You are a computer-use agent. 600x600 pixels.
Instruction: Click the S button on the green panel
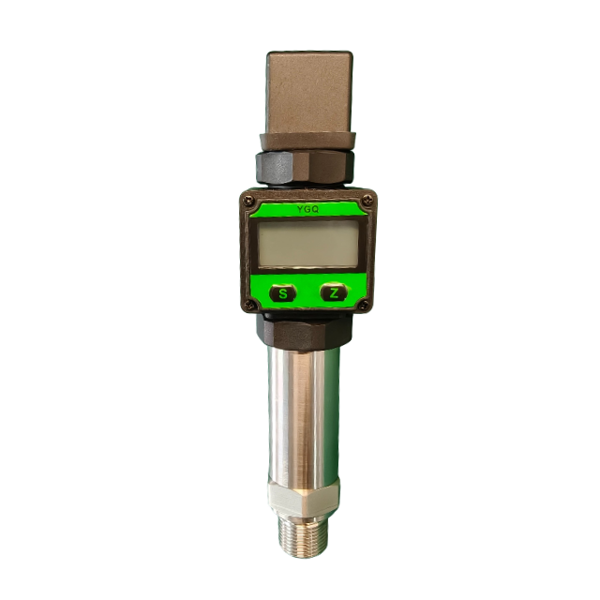[x=283, y=293]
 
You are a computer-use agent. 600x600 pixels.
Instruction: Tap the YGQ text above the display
[x=307, y=209]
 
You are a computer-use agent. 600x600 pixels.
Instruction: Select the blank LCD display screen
[x=308, y=244]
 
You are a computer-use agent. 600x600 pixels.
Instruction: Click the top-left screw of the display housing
[x=249, y=200]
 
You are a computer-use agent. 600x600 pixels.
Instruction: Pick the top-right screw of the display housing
[x=367, y=199]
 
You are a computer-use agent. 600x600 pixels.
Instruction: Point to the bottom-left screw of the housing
[x=249, y=305]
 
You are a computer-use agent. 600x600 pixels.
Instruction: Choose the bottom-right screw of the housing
[x=365, y=305]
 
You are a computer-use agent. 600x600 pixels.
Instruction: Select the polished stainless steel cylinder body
[x=304, y=416]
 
